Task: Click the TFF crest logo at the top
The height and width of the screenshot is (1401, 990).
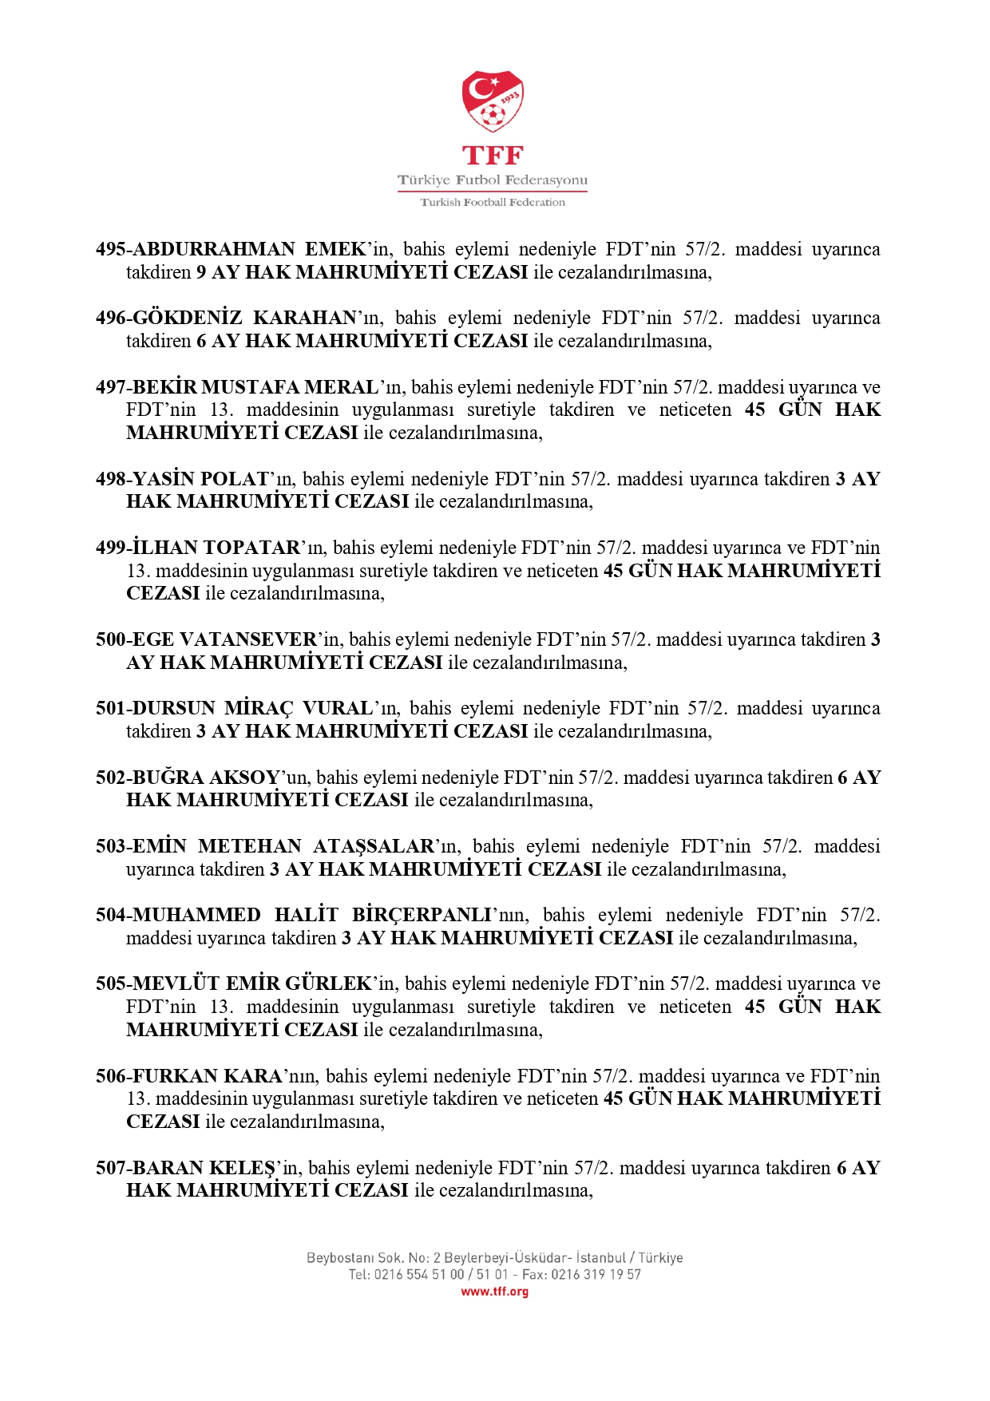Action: click(x=493, y=101)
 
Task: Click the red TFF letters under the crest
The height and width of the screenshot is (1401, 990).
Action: click(x=493, y=155)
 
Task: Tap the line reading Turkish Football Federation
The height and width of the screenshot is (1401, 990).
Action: click(x=493, y=203)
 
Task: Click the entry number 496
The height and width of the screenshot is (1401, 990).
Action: click(x=110, y=318)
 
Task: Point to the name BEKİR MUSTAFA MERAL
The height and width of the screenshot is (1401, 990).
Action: click(x=255, y=387)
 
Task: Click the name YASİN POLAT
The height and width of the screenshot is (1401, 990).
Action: click(x=200, y=479)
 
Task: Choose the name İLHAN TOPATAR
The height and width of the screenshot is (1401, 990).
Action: click(x=216, y=548)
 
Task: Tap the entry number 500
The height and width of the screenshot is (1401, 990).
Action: click(x=110, y=639)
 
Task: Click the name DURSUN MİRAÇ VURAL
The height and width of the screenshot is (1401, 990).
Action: click(x=252, y=708)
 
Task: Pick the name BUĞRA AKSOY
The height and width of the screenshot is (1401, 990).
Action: click(x=206, y=778)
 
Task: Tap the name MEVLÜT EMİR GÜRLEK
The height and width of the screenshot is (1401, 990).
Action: click(x=252, y=983)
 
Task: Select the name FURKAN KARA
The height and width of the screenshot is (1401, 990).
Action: click(x=208, y=1076)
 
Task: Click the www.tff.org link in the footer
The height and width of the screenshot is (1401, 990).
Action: click(x=494, y=1292)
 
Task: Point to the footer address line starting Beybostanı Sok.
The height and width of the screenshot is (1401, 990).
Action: click(x=494, y=1257)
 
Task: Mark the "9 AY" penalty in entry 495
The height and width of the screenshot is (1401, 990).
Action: click(x=217, y=272)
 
